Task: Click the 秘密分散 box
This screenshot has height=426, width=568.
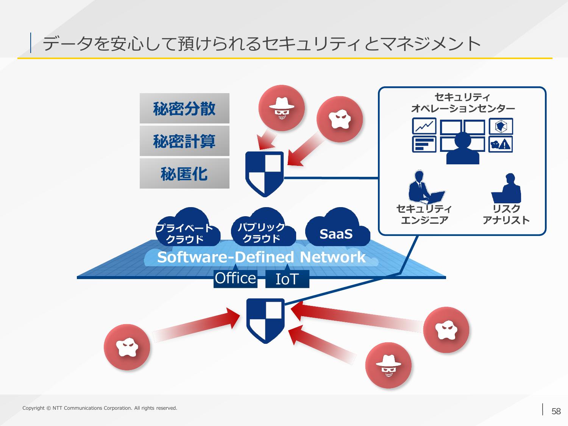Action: [184, 108]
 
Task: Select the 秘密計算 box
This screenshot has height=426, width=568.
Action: [184, 141]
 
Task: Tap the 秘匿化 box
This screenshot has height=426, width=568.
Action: [184, 173]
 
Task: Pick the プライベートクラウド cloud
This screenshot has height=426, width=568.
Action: [188, 228]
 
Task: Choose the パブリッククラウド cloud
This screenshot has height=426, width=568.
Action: [263, 228]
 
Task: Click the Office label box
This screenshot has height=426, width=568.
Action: [235, 279]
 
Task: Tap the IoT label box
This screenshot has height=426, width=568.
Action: [287, 279]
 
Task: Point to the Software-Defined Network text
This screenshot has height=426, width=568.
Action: [261, 257]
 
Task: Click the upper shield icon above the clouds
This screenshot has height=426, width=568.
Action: [264, 174]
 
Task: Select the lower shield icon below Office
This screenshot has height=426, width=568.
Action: [265, 321]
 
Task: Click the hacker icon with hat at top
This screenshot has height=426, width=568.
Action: [282, 108]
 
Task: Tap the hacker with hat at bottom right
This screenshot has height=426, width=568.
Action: [388, 365]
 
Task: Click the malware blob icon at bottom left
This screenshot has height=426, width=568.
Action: [127, 347]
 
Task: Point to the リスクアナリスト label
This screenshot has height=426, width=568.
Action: [506, 214]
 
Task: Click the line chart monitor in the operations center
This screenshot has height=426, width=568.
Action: [424, 126]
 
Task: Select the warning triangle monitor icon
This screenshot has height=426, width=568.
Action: [501, 144]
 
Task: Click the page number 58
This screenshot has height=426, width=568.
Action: [556, 411]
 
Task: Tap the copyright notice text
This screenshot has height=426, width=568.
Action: [100, 408]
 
